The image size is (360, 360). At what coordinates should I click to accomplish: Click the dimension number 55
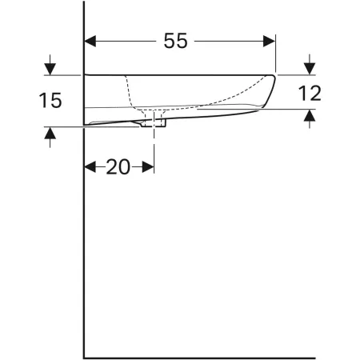178,41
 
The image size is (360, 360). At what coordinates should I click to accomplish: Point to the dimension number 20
118,167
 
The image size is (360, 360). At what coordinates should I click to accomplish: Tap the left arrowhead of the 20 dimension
90,167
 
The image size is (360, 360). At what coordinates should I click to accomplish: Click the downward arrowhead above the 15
50,69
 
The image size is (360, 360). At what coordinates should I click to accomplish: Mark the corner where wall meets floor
84,355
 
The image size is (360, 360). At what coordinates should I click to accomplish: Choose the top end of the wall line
84,2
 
